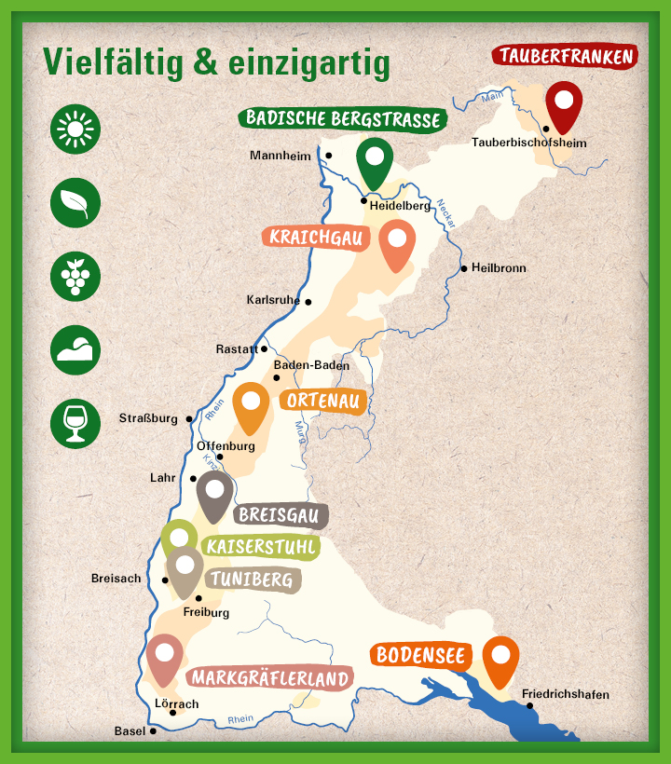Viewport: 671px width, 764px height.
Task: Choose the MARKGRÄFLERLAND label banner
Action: pos(269,678)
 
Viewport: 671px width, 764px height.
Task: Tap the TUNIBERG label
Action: pos(252,580)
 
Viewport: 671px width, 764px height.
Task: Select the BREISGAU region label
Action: pos(279,514)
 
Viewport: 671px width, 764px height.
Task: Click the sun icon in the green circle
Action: pos(75,130)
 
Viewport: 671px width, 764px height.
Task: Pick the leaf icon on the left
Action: pos(75,202)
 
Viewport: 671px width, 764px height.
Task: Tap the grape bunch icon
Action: pos(75,275)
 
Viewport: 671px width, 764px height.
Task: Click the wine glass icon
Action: pos(75,422)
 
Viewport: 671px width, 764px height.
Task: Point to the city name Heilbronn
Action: pos(499,268)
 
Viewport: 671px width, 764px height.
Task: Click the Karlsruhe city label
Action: pos(273,300)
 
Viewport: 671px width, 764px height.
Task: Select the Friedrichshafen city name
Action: pos(566,694)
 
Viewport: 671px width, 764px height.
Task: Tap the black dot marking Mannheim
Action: pos(328,156)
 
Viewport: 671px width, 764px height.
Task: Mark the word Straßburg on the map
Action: pos(148,418)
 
